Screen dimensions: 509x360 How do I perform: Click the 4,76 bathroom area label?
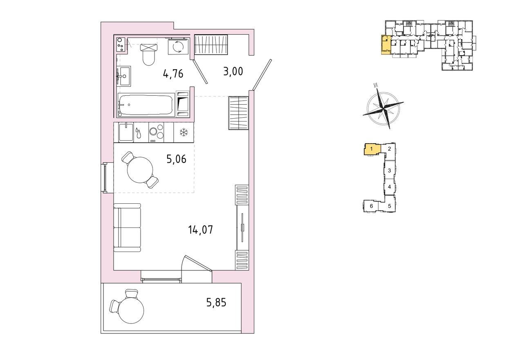tap(173, 74)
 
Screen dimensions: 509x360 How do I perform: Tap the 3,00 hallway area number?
tap(233, 72)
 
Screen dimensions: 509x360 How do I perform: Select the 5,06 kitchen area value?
tap(176, 159)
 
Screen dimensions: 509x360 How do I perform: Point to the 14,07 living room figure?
tap(201, 229)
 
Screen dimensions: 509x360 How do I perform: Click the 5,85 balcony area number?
tap(216, 302)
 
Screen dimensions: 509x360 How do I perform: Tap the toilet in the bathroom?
tap(149, 54)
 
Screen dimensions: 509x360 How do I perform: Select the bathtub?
tap(146, 105)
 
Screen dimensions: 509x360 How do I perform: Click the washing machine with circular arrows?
tap(178, 47)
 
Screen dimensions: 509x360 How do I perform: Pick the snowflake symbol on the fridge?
tap(184, 133)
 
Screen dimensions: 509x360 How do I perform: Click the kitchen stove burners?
tap(156, 133)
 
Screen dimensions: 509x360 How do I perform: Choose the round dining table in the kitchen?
tap(140, 169)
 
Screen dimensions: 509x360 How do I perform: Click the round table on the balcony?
tap(131, 310)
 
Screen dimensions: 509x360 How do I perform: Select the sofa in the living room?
tap(127, 227)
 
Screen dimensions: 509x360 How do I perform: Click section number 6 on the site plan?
tap(372, 206)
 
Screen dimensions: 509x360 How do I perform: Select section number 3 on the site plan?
tap(390, 170)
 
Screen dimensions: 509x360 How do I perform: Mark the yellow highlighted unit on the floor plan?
tap(386, 45)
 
